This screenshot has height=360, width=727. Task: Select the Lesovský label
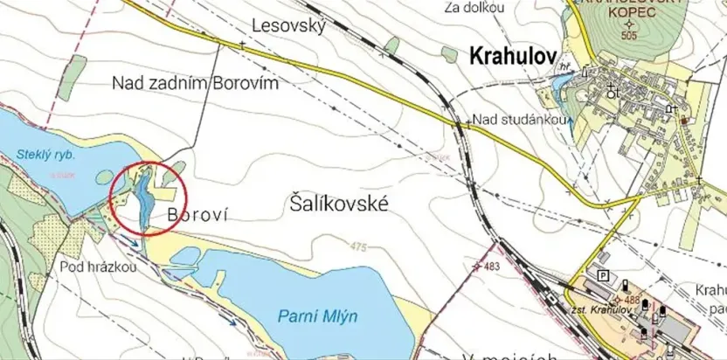[x=288, y=26]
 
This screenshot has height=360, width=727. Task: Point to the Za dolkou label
[x=474, y=8]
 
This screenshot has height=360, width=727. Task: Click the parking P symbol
[x=602, y=276]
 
